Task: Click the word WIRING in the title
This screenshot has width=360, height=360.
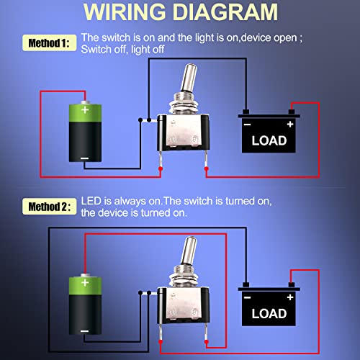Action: click(x=134, y=14)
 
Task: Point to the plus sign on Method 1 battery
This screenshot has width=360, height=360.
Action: click(x=86, y=110)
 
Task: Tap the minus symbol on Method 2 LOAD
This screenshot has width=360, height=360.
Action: click(x=247, y=297)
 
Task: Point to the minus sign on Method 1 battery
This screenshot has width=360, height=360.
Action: click(x=85, y=158)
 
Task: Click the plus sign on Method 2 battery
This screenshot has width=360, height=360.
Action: click(x=86, y=284)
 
